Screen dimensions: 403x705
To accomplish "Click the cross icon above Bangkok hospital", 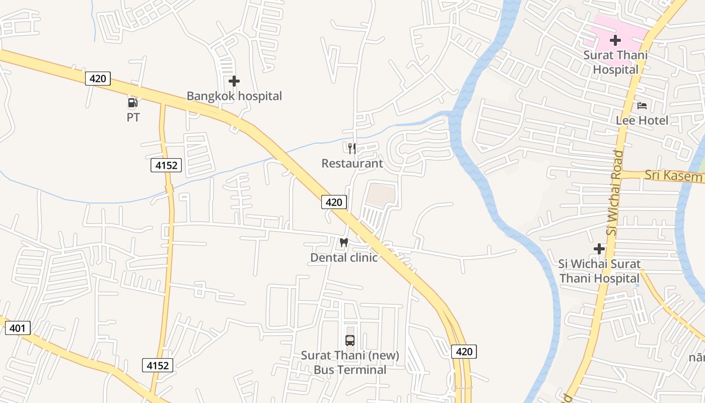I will point(234,81).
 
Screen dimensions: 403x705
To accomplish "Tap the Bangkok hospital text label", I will point(234,96).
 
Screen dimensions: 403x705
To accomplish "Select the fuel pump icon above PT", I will point(132,103).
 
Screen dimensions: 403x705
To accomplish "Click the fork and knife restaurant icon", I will point(352,148).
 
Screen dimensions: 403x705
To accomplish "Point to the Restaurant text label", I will point(352,163).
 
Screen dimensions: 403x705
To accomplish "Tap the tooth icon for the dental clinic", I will point(344,242).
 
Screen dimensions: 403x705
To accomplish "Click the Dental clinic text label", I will point(344,257).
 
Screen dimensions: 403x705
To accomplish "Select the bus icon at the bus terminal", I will point(350,340).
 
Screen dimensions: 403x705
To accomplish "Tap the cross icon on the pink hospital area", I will point(615,40).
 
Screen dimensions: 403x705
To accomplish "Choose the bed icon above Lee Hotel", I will point(642,105).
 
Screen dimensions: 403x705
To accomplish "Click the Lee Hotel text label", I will point(642,120).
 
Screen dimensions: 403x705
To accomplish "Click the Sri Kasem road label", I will point(674,175).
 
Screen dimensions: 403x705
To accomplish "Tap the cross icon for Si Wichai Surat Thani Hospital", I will point(599,248).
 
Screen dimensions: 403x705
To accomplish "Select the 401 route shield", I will point(18,328).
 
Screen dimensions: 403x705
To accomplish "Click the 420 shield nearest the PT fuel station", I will point(98,79).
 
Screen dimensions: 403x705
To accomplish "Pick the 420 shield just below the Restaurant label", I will point(334,202).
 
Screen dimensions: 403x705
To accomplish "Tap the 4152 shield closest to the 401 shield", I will point(158,365).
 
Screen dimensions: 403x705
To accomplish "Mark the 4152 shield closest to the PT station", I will point(166,165).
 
